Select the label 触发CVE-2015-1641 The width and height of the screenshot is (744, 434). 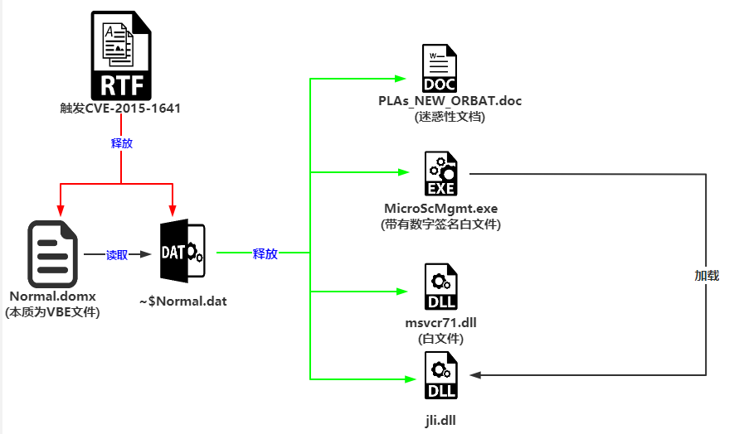[x=120, y=108]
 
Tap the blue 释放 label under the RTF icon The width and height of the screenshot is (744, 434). [x=122, y=142]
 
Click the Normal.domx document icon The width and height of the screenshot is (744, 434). [x=52, y=254]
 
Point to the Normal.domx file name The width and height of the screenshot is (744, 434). [x=52, y=297]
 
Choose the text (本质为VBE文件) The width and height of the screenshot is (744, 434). [x=52, y=312]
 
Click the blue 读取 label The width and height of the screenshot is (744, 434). [x=118, y=255]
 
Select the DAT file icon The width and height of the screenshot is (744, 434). [x=182, y=252]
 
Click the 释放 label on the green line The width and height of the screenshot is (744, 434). [x=265, y=253]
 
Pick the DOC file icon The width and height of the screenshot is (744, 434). [x=440, y=69]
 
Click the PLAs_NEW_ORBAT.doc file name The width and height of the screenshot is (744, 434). [x=450, y=101]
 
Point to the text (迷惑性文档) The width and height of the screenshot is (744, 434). [x=450, y=117]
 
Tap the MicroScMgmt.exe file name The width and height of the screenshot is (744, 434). [x=440, y=207]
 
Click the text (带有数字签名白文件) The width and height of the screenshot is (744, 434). [x=441, y=224]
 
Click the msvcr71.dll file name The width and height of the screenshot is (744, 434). [x=440, y=322]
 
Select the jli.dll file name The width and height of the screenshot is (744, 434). [x=440, y=420]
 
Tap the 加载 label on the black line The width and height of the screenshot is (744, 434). [x=707, y=275]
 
